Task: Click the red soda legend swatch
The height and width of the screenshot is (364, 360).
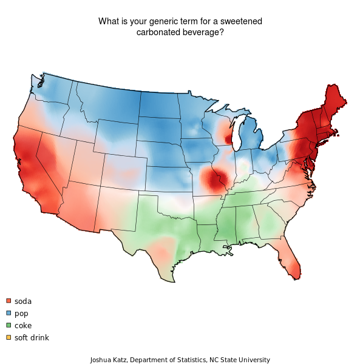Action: [x=8, y=301]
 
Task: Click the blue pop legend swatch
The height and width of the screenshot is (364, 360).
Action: [x=8, y=313]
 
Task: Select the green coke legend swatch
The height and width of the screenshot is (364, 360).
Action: [x=8, y=325]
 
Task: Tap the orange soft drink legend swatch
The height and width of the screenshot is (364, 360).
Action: [x=8, y=337]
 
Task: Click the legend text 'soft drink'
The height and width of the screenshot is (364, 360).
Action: [x=32, y=337]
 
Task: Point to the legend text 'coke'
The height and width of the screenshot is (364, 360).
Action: [x=23, y=325]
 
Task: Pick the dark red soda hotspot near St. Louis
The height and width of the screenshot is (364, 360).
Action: [x=214, y=180]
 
